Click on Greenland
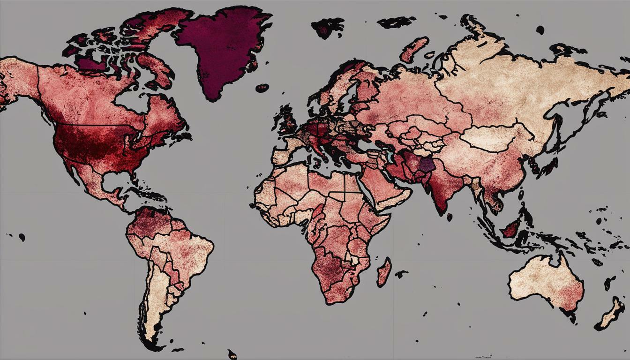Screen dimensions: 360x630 [220, 47]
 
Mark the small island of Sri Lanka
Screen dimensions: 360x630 [450, 217]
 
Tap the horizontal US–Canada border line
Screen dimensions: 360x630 [94, 125]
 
